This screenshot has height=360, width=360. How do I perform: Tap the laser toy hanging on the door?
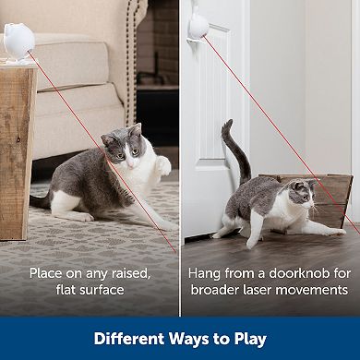click(198, 23)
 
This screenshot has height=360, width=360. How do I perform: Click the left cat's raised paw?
click(164, 165)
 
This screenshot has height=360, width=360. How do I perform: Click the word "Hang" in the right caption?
click(205, 274)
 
